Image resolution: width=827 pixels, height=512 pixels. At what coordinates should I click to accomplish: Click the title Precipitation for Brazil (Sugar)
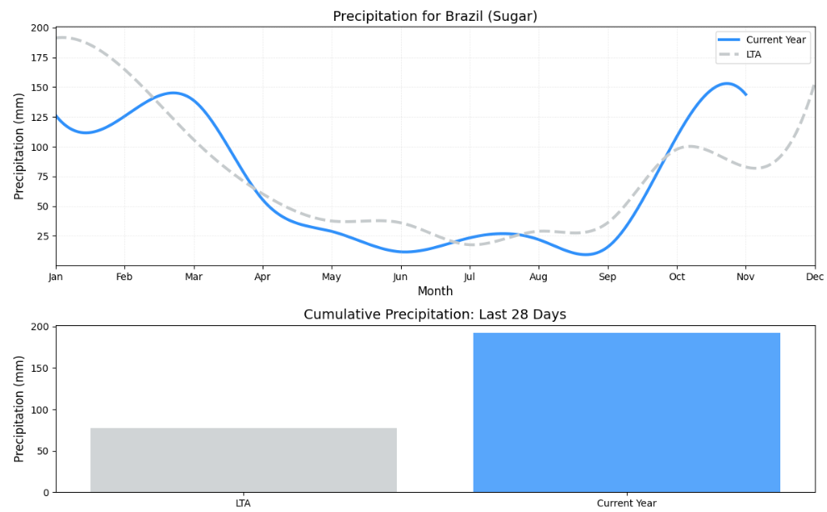pyautogui.click(x=434, y=17)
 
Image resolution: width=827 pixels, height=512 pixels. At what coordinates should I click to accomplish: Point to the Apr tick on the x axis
pyautogui.click(x=263, y=277)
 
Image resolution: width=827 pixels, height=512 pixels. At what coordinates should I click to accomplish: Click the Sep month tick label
pyautogui.click(x=608, y=277)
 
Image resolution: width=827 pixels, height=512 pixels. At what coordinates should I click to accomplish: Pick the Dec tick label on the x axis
pyautogui.click(x=814, y=277)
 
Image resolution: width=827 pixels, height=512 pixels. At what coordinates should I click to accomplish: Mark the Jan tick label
pyautogui.click(x=56, y=277)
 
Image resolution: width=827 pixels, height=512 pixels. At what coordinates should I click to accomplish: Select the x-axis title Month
pyautogui.click(x=434, y=291)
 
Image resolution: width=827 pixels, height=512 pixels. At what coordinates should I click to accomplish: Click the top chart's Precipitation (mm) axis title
pyautogui.click(x=19, y=147)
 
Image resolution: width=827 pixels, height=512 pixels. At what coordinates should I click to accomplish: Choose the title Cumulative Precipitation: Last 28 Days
pyautogui.click(x=434, y=314)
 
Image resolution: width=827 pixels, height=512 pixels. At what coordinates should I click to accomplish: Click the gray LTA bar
pyautogui.click(x=243, y=459)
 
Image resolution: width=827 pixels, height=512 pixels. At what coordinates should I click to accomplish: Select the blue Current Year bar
pyautogui.click(x=626, y=413)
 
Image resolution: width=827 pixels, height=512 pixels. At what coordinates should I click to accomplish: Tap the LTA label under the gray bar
pyautogui.click(x=243, y=503)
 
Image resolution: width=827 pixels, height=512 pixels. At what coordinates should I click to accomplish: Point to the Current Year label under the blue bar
pyautogui.click(x=626, y=503)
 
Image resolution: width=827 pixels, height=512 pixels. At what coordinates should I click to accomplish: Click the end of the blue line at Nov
pyautogui.click(x=746, y=94)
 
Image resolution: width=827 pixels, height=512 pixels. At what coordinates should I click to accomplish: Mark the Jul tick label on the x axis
pyautogui.click(x=469, y=277)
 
